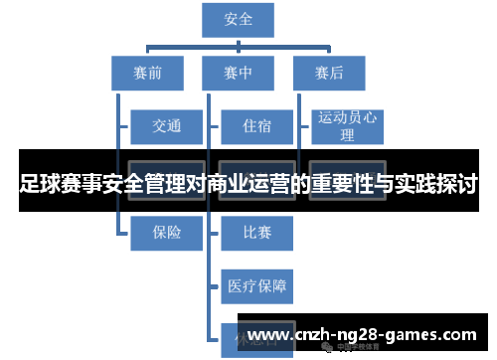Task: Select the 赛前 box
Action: click(x=147, y=73)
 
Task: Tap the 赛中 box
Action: click(x=240, y=73)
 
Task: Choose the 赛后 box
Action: click(x=330, y=73)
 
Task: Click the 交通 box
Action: click(x=167, y=126)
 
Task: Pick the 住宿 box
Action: click(x=256, y=126)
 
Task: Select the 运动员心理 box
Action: click(x=348, y=126)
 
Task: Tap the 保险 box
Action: click(x=167, y=232)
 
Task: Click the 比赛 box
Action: click(x=256, y=232)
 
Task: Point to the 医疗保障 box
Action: click(x=256, y=285)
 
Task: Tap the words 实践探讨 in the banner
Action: click(x=438, y=184)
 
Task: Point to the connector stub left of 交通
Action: click(x=124, y=126)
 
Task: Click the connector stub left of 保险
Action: click(x=124, y=232)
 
